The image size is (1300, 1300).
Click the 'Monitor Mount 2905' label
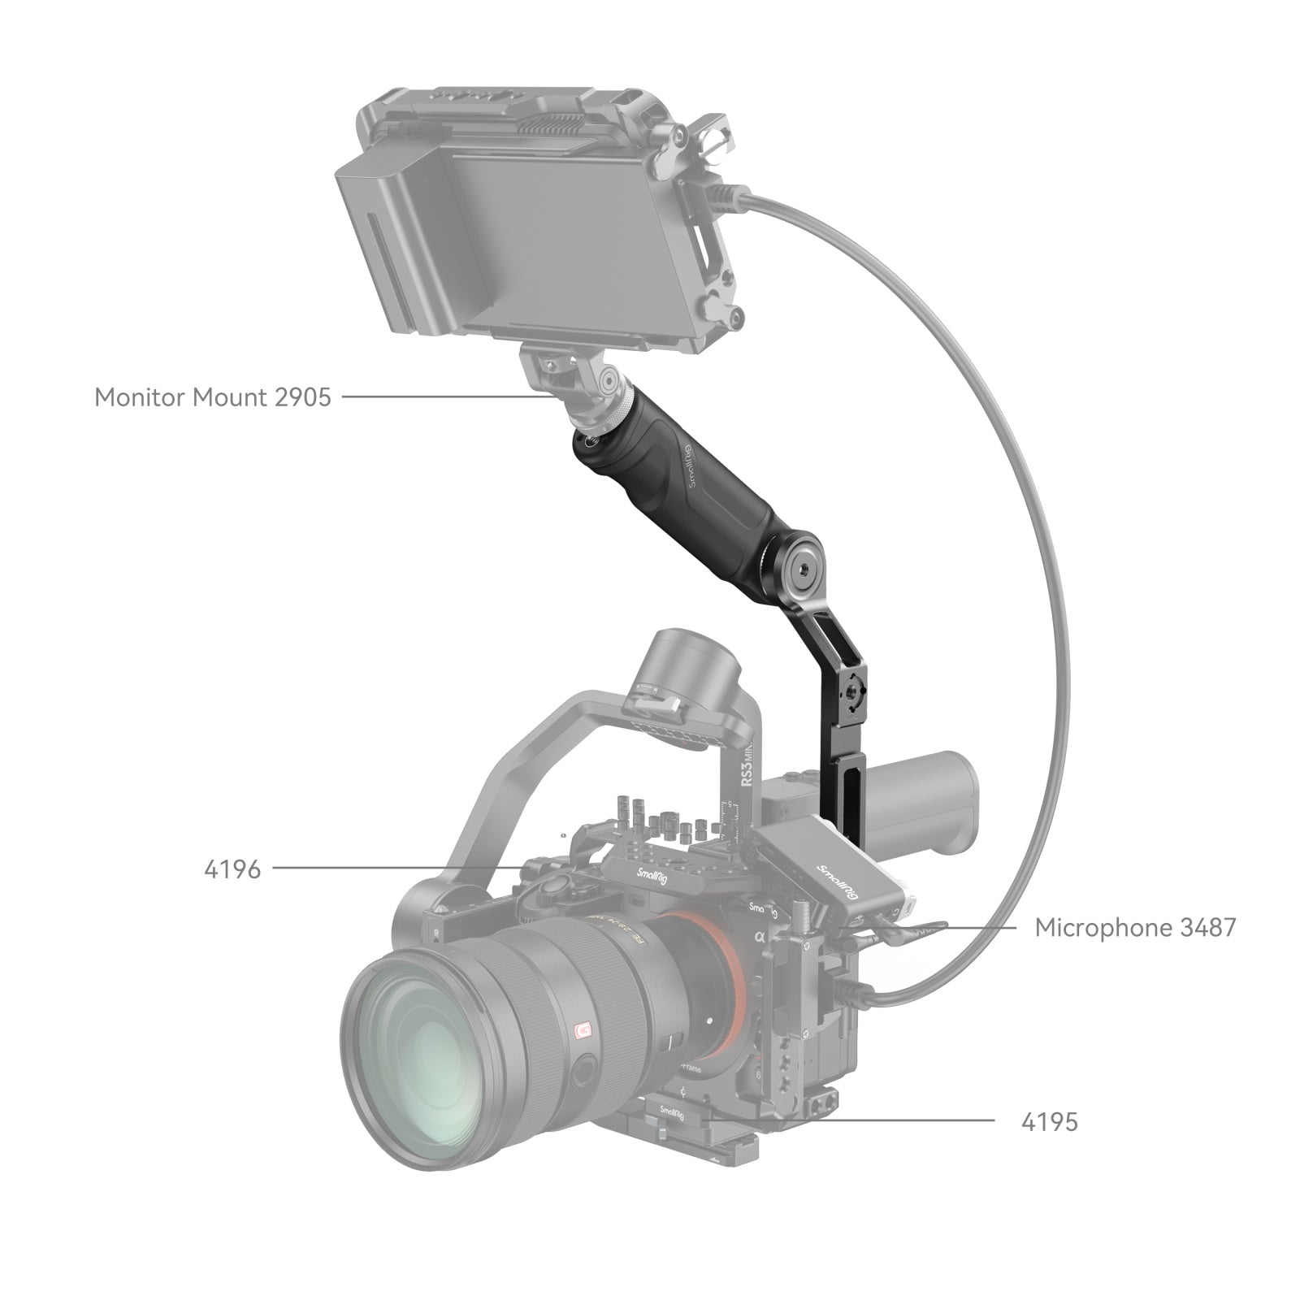point(213,397)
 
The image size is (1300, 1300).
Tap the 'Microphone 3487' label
point(1134,927)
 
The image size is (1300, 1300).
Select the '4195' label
point(1049,1122)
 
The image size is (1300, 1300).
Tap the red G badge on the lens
point(581,1033)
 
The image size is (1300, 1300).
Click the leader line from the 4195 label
point(853,1121)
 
